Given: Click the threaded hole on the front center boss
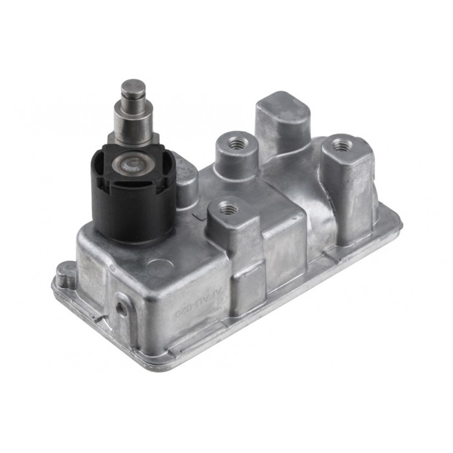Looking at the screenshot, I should tap(227, 208).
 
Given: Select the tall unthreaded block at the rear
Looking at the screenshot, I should tap(282, 120).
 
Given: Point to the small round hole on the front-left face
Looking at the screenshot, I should tap(120, 308).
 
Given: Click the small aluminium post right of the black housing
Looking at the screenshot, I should tap(186, 185).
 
